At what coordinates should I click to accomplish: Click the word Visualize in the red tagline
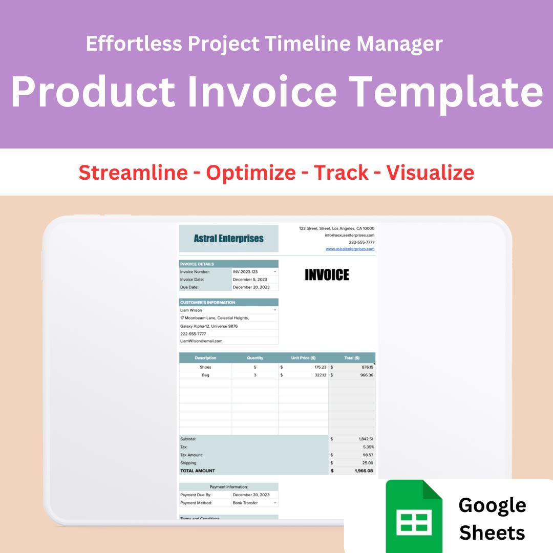tap(430, 173)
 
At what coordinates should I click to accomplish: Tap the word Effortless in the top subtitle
tap(134, 44)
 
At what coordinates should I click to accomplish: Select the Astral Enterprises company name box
tap(229, 239)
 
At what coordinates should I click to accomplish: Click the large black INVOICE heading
tap(327, 275)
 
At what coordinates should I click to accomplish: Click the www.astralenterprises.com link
tap(350, 249)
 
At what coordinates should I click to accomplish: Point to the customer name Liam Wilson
tap(192, 310)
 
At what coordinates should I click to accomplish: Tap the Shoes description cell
tap(205, 367)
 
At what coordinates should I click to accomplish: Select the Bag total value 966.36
tap(365, 375)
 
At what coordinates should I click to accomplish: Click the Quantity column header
tap(255, 358)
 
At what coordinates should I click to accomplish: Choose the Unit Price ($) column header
tap(303, 358)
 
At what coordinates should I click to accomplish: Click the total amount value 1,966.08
tap(364, 471)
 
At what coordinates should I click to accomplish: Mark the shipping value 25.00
tap(367, 463)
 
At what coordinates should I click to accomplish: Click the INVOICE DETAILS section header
tap(197, 264)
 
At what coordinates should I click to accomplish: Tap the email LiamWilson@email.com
tap(201, 341)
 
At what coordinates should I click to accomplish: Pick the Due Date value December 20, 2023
tap(251, 287)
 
